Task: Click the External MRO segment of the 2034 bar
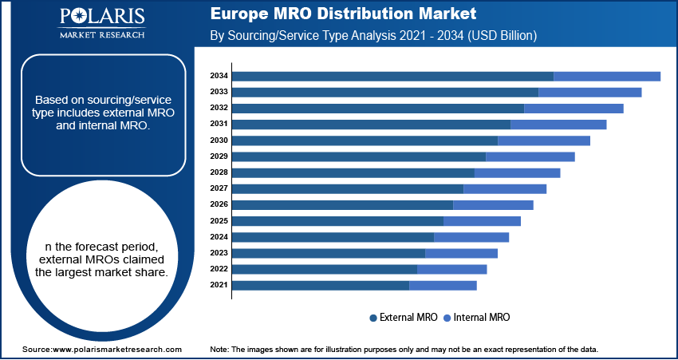pyautogui.click(x=392, y=76)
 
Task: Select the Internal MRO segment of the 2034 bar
pyautogui.click(x=607, y=76)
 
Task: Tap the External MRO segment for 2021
pyautogui.click(x=321, y=285)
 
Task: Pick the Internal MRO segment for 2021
pyautogui.click(x=443, y=285)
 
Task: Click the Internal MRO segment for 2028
pyautogui.click(x=518, y=172)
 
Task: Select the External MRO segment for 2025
pyautogui.click(x=337, y=220)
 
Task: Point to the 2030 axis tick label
pyautogui.click(x=219, y=140)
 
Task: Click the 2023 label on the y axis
pyautogui.click(x=219, y=253)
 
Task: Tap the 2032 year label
pyautogui.click(x=219, y=108)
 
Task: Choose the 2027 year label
pyautogui.click(x=219, y=188)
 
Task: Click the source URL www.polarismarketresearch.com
pyautogui.click(x=102, y=350)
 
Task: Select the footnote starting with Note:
pyautogui.click(x=404, y=350)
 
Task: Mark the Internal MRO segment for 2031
pyautogui.click(x=558, y=124)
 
